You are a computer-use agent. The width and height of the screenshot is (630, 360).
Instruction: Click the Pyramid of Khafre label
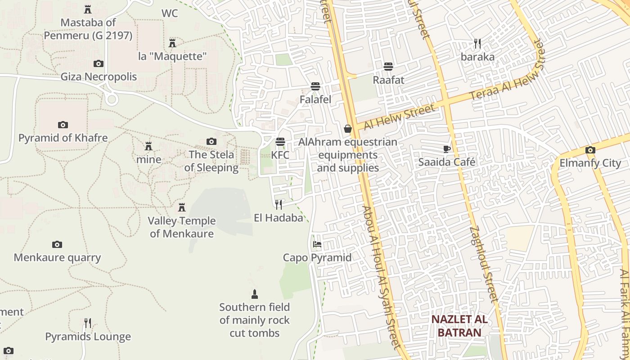point(63,138)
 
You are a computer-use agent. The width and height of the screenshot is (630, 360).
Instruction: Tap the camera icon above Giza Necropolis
point(98,64)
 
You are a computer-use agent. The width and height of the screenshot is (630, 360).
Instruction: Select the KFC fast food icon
point(280,142)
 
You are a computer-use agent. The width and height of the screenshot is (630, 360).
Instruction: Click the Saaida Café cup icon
point(446,149)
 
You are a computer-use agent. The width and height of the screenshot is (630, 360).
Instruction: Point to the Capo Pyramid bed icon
point(317,244)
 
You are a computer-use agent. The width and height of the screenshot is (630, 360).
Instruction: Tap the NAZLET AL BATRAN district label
point(459,326)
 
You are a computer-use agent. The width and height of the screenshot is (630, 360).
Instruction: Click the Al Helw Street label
point(400,116)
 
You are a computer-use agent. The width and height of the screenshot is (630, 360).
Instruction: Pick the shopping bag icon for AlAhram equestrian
point(348,129)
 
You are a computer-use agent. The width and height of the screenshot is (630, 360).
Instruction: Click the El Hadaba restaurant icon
point(279,205)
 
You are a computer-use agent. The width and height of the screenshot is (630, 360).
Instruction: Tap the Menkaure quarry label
point(57,258)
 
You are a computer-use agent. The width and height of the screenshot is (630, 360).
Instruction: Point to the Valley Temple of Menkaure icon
point(182,207)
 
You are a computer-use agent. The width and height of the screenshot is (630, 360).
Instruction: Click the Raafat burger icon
point(388,67)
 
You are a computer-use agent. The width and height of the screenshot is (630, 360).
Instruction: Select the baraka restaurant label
point(477,57)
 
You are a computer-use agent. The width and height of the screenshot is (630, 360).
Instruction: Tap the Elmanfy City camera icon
point(590,150)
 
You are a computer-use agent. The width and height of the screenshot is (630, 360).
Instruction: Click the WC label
point(170,13)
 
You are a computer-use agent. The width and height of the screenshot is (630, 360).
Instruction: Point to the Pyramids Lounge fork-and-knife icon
point(88,323)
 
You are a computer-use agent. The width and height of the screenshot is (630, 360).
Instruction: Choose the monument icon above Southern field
point(255,294)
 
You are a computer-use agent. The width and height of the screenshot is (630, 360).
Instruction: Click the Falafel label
point(315,99)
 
